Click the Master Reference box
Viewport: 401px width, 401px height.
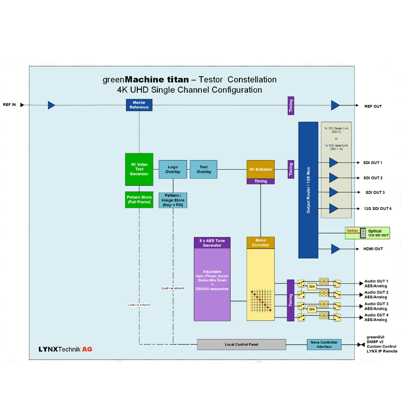139,105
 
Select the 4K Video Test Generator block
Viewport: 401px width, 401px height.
139,169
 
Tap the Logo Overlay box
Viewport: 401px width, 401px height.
173,169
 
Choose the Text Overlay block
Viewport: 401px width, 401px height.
204,169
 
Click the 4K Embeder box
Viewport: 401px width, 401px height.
261,169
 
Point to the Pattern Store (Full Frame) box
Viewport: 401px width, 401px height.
139,199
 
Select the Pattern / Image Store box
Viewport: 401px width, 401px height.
173,200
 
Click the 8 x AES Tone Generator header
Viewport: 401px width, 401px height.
212,243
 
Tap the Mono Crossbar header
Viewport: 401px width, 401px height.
261,243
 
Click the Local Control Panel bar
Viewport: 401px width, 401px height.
241,345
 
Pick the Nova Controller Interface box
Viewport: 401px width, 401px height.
324,345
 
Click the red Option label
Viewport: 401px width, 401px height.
352,231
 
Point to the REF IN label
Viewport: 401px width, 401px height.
9,105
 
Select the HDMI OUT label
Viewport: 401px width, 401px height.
373,249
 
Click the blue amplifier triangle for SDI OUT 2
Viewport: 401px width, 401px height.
333,178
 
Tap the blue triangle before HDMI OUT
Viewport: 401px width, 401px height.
335,249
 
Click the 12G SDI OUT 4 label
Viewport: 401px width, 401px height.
378,209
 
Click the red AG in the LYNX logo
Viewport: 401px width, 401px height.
87,349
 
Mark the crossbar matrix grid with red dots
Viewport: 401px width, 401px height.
261,301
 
